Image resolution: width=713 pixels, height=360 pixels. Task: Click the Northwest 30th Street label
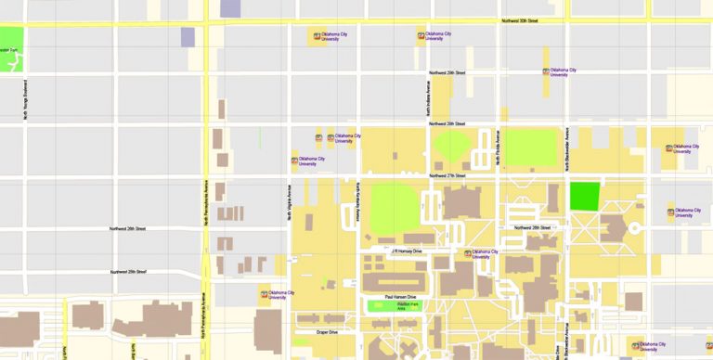(x=520, y=20)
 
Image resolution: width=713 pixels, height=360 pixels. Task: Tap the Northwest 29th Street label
(x=447, y=72)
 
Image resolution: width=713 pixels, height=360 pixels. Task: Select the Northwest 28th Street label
(x=447, y=123)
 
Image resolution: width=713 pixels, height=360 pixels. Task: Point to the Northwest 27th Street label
(x=447, y=175)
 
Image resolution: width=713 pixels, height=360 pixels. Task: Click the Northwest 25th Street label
(x=128, y=272)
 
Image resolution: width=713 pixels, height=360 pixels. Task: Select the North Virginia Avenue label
(x=290, y=200)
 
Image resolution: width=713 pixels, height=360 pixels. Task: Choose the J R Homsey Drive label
(x=406, y=251)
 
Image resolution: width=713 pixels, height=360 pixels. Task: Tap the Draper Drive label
(x=326, y=331)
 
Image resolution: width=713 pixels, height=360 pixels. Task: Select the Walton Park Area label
(x=408, y=305)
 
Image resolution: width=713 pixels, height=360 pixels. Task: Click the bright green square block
(x=584, y=196)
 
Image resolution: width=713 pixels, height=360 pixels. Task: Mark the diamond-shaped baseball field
(x=453, y=145)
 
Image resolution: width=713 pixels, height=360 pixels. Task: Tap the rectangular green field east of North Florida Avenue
(x=530, y=147)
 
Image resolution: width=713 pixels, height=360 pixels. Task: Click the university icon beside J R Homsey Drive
(x=468, y=253)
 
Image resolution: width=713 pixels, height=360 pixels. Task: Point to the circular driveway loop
(x=635, y=227)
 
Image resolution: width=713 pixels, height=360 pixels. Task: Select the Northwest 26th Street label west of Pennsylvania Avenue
(x=128, y=228)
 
